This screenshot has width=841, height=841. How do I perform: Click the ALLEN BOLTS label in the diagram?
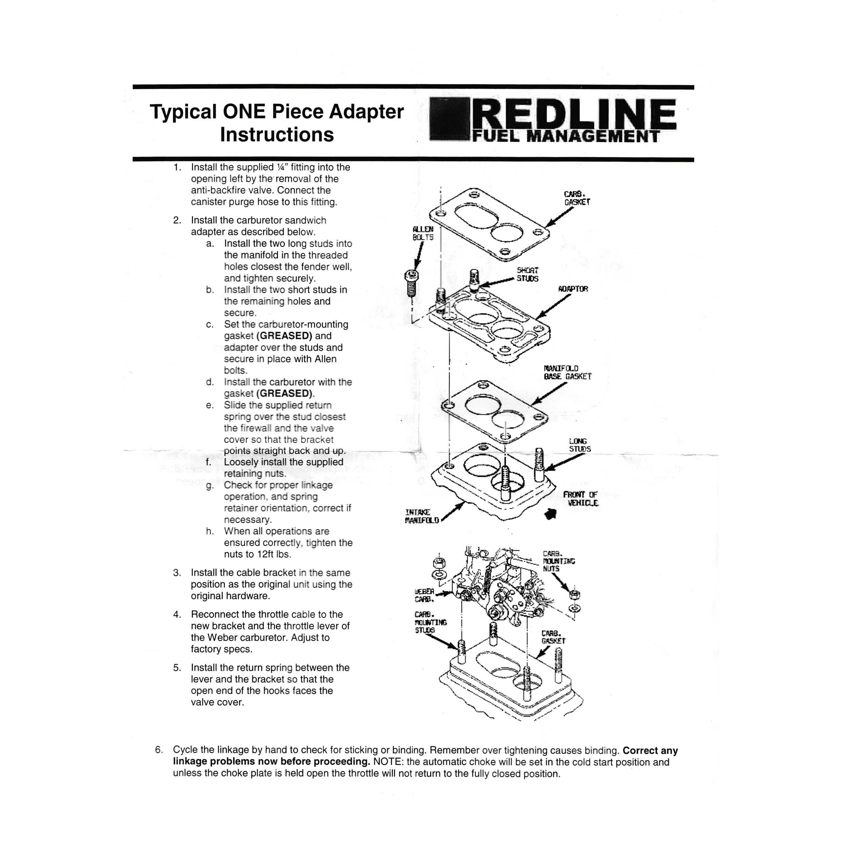click(423, 233)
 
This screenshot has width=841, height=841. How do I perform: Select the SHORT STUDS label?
click(528, 275)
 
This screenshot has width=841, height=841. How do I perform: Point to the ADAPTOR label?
click(573, 289)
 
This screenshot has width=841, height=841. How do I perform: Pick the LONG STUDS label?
click(580, 445)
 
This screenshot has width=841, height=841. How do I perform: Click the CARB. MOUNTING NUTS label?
click(558, 561)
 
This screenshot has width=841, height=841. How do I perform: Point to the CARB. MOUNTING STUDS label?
click(430, 623)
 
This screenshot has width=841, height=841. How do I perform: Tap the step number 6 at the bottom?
click(159, 750)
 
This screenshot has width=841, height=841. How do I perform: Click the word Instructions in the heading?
click(277, 134)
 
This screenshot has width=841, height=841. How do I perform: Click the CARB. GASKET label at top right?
click(577, 198)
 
